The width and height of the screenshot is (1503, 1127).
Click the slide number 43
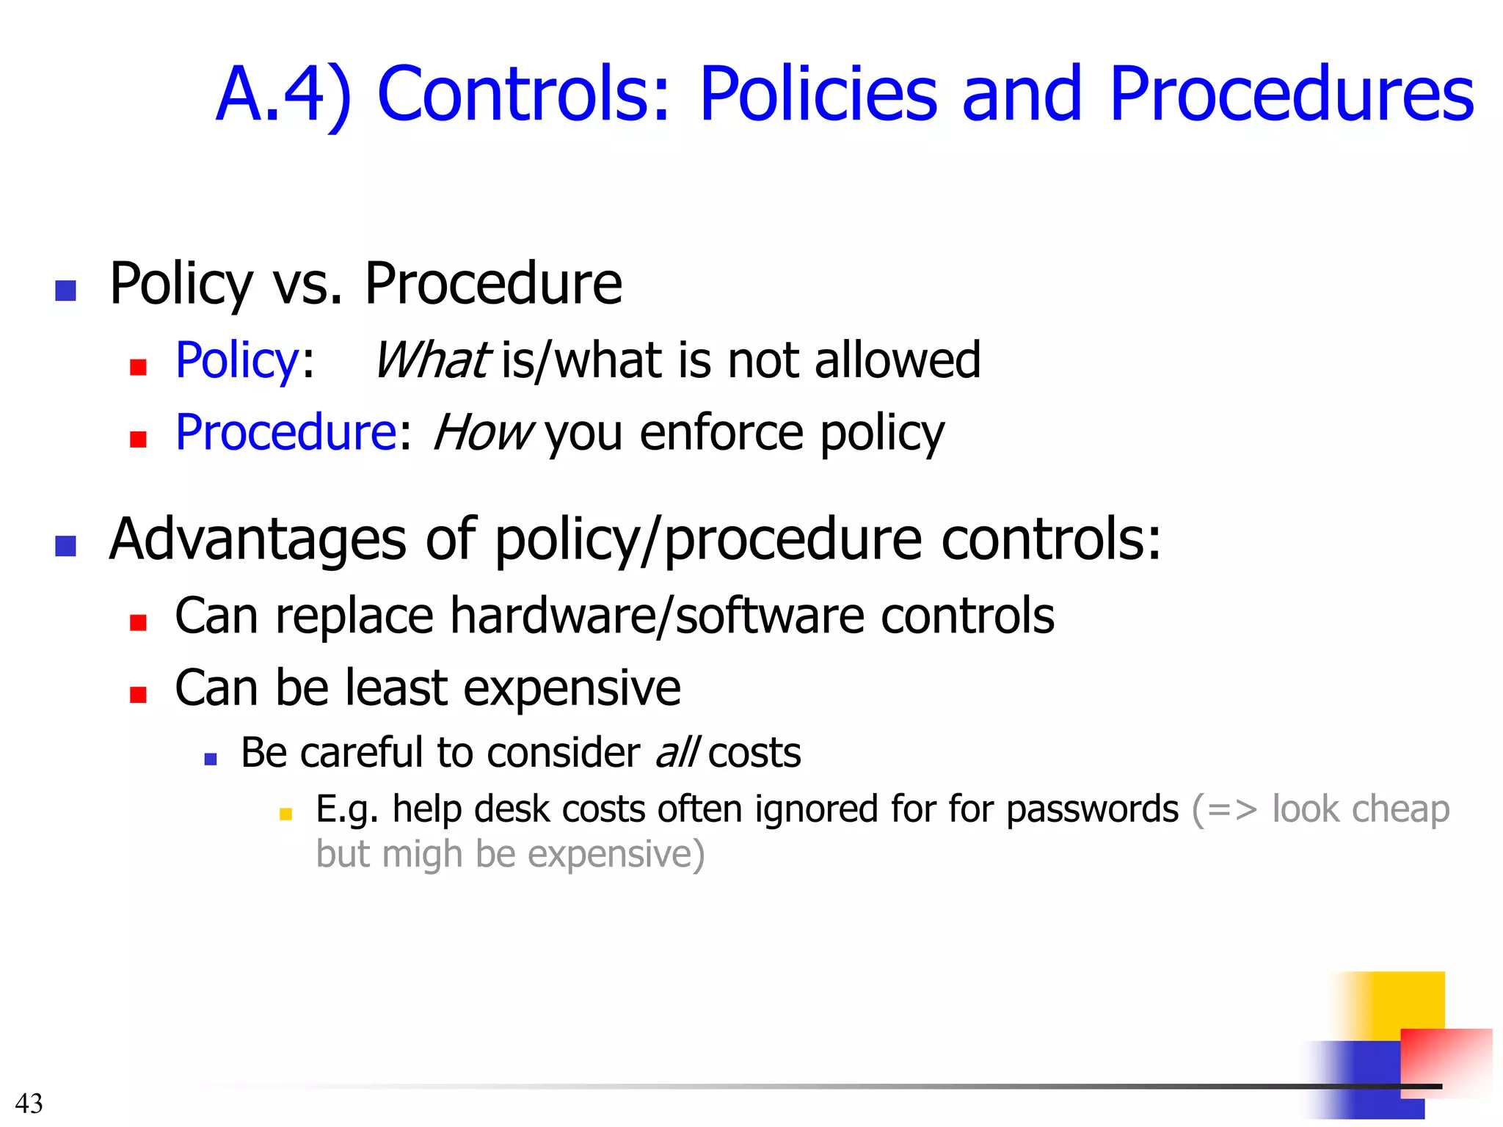click(x=29, y=1104)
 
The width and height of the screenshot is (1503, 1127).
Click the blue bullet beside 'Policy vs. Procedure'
click(x=66, y=291)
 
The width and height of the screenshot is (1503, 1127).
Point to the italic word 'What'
click(x=431, y=360)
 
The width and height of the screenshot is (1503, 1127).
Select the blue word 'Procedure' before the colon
click(x=286, y=432)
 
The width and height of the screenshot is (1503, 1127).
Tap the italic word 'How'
click(x=483, y=432)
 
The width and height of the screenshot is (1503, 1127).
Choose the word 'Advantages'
click(x=257, y=539)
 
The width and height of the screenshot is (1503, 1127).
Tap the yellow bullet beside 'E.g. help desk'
click(x=285, y=814)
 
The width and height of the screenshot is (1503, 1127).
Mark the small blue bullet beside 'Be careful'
click(x=211, y=759)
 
